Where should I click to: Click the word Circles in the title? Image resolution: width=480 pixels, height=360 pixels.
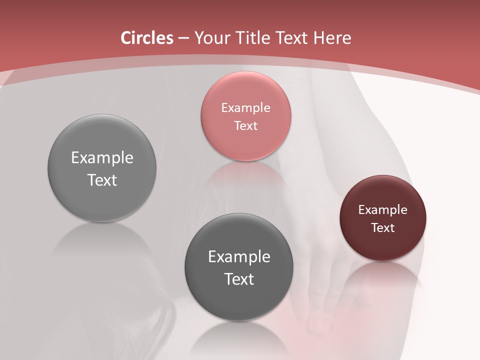pos(146,38)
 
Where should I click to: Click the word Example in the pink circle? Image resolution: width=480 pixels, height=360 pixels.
pos(245,107)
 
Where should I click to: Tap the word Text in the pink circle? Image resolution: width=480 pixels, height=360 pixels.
pos(245,125)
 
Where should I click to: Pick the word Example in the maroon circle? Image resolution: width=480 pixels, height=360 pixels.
pos(382,209)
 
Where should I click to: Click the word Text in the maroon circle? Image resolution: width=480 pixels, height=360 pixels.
pos(382,227)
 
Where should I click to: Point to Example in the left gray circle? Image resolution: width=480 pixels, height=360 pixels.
pos(102,157)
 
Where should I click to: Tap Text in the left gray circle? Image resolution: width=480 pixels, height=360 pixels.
pos(102,180)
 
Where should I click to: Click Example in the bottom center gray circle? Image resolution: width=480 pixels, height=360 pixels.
pos(239,256)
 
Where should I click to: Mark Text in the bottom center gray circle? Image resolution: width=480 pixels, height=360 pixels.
pos(239,279)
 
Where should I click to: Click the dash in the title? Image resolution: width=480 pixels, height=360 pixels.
pos(183,38)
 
